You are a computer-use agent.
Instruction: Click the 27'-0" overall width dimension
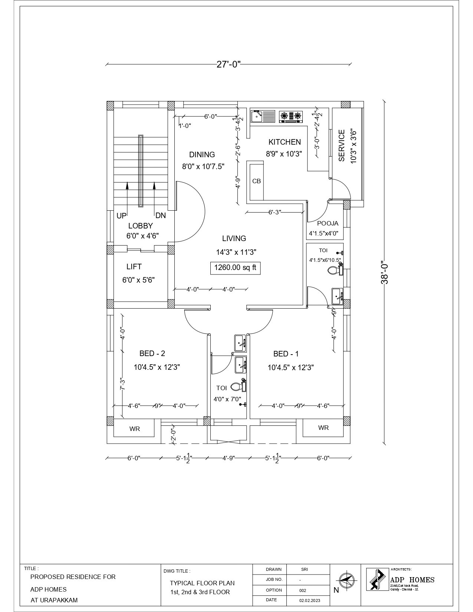pyautogui.click(x=229, y=64)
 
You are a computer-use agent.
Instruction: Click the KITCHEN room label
pyautogui.click(x=285, y=142)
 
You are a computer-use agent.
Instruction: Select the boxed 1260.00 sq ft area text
pyautogui.click(x=235, y=268)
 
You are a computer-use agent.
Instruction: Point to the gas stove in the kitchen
pyautogui.click(x=291, y=116)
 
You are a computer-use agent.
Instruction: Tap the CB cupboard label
pyautogui.click(x=256, y=181)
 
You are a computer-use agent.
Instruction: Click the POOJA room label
pyautogui.click(x=328, y=224)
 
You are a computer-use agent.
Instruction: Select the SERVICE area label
pyautogui.click(x=342, y=145)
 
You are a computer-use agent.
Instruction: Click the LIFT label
pyautogui.click(x=134, y=267)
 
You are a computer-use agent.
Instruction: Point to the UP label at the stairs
pyautogui.click(x=121, y=216)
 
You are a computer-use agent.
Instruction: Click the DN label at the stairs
pyautogui.click(x=161, y=215)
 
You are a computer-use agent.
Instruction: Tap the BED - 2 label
pyautogui.click(x=152, y=353)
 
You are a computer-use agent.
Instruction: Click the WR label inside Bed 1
pyautogui.click(x=323, y=428)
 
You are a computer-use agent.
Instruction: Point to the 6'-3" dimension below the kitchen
pyautogui.click(x=275, y=213)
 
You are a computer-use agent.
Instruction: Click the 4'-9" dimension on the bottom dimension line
pyautogui.click(x=229, y=458)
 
